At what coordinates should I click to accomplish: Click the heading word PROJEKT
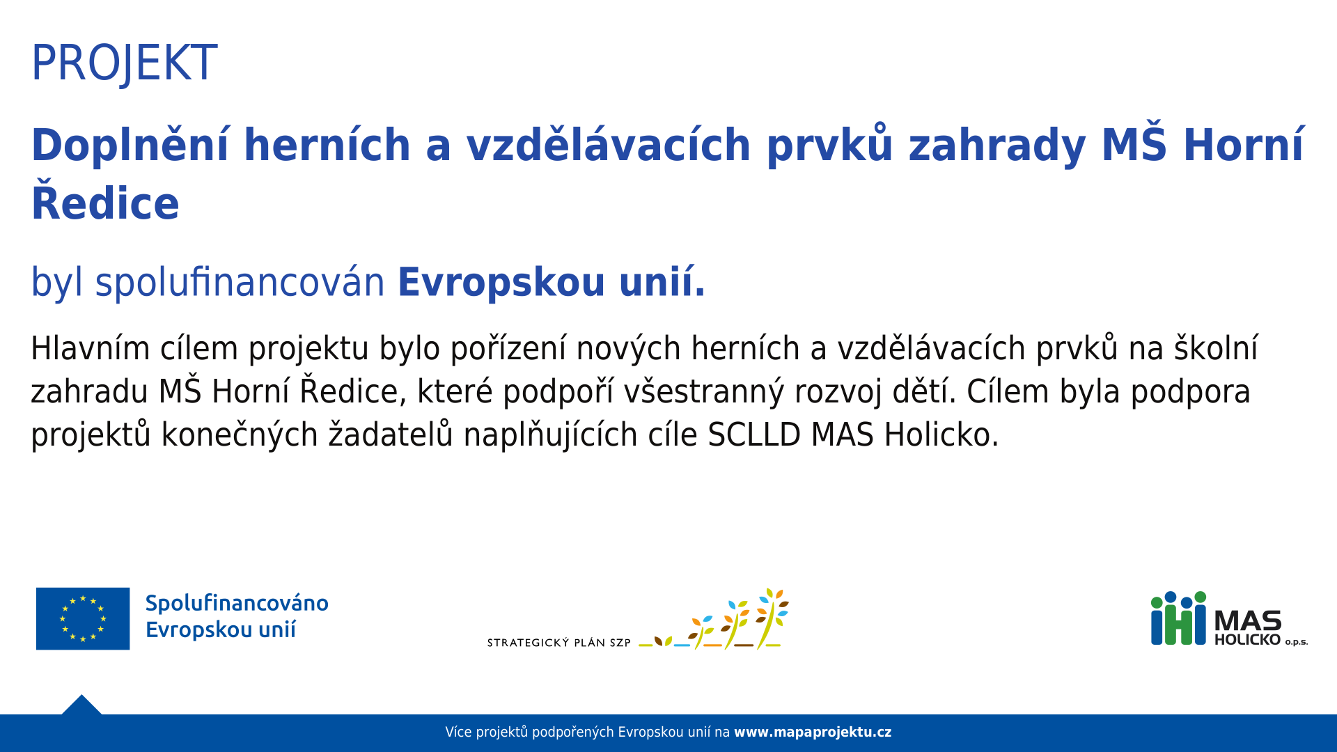pos(124,63)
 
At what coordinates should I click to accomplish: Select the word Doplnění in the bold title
pos(130,145)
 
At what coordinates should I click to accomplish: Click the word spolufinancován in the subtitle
pos(240,282)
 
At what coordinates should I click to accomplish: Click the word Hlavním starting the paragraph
pos(91,348)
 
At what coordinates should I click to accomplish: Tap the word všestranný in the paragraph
pos(703,392)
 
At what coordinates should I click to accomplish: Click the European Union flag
pos(83,618)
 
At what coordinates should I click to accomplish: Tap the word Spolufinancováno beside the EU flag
pos(237,603)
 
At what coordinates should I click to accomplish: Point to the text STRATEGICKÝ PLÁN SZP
pos(558,643)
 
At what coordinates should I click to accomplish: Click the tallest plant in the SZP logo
pos(772,618)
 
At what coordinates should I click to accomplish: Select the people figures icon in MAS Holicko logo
pos(1178,618)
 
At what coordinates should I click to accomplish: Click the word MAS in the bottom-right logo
pos(1248,620)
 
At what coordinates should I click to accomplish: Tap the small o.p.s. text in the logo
pos(1297,642)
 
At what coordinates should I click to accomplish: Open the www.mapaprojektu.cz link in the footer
pos(813,733)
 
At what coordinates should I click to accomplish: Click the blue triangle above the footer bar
pos(81,706)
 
